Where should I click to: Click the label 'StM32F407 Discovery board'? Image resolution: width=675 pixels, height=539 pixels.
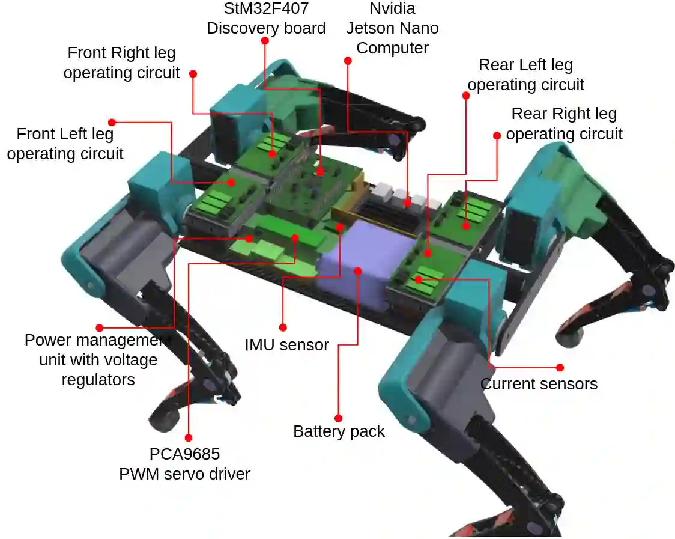point(266,18)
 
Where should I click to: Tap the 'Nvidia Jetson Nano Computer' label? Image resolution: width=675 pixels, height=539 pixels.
point(392,28)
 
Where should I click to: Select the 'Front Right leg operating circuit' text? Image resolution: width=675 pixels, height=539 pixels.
point(121,62)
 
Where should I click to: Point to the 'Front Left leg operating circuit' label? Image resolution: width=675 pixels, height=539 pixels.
point(65,144)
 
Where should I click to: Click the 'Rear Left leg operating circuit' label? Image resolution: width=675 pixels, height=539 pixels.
point(525,75)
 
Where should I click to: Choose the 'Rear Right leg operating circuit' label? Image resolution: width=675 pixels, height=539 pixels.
point(564,123)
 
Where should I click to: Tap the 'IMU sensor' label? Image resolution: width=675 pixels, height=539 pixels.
point(286,345)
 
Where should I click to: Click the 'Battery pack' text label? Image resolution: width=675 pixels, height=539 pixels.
point(339,431)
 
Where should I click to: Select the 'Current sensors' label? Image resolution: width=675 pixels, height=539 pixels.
point(539,384)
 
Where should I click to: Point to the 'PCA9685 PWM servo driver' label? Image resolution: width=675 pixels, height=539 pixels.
point(184,463)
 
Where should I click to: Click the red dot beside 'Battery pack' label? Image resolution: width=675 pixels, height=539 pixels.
point(338,418)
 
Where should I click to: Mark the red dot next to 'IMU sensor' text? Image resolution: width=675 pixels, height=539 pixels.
point(282,327)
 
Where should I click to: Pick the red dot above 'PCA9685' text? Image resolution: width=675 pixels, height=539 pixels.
point(188,438)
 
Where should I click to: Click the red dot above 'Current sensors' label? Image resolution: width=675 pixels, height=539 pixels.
point(560,367)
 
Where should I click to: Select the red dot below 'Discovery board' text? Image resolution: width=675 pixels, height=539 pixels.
point(265,40)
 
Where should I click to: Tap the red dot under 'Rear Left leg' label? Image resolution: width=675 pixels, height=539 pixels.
point(465,95)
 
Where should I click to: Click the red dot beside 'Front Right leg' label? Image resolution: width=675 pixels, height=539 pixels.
point(193,73)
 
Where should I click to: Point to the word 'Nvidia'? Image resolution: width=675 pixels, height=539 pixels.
point(392,8)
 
